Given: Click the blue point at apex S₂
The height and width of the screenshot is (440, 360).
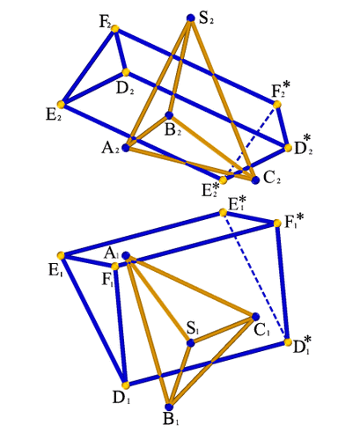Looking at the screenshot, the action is pos(191,18).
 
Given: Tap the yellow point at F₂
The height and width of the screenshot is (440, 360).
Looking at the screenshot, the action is pos(115,28).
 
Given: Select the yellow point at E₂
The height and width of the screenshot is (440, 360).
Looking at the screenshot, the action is pos(61,105).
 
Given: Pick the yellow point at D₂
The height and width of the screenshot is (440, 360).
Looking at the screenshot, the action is pos(126,72).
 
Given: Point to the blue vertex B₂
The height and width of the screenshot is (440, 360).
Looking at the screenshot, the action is pos(169,115).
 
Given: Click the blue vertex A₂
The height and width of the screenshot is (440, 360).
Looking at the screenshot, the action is pos(126,148).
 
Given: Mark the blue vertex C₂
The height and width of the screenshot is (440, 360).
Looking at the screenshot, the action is pos(255,180).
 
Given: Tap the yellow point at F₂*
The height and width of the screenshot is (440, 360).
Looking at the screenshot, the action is pos(277,105).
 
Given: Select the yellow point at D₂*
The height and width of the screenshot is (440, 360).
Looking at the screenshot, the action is pos(288,148).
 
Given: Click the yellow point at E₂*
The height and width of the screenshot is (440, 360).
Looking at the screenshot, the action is pos(223,180).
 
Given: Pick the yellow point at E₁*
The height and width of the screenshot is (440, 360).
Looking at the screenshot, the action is pos(223,212).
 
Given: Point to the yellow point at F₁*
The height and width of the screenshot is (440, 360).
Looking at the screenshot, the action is pos(277,224).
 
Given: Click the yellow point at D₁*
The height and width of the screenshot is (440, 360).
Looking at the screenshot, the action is pos(288,342).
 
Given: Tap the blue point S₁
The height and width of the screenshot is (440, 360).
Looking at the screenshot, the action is pos(191,342).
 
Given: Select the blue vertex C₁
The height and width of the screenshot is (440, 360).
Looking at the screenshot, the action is pos(255,317).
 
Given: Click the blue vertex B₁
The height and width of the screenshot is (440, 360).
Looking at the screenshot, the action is pos(169,407).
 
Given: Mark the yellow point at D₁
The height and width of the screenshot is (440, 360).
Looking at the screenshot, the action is pos(126,385).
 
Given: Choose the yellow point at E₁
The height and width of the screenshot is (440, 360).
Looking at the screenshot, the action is pos(61,255).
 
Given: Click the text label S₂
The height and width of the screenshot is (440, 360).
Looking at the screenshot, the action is pos(207,18).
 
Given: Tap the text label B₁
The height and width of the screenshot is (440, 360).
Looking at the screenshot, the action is pos(171,420).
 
